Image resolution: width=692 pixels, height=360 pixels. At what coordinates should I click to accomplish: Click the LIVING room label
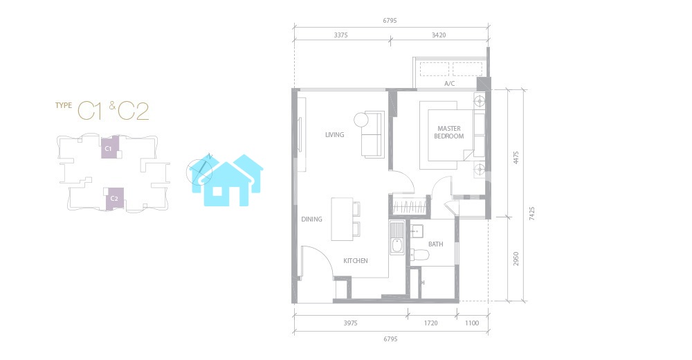click(x=334, y=135)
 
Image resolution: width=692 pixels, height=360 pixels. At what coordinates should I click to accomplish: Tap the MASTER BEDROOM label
click(x=449, y=132)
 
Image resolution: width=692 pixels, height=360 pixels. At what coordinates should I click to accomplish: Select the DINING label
click(x=311, y=219)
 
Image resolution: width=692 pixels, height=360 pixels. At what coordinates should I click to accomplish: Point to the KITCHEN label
click(x=356, y=260)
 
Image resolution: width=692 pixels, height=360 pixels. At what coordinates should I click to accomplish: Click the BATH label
click(x=435, y=244)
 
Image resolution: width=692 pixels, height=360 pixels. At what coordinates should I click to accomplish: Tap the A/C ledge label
click(x=449, y=84)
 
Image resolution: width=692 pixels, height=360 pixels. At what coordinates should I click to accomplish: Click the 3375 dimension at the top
click(x=340, y=35)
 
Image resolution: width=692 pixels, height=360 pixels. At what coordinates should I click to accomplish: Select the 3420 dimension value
click(x=439, y=35)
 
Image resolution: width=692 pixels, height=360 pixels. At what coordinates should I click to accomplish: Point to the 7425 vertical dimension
click(x=531, y=213)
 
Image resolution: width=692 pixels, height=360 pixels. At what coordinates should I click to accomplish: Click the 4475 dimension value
click(x=516, y=158)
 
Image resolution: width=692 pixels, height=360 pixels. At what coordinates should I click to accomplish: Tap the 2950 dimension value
click(x=516, y=259)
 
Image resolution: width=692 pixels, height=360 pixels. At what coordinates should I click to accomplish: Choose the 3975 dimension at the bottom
click(x=350, y=323)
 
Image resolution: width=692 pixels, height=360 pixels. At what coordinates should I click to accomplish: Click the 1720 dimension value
click(x=430, y=323)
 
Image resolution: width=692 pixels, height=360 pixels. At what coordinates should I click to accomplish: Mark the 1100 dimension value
click(x=472, y=323)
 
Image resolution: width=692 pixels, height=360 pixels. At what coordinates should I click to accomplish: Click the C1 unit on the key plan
click(x=110, y=147)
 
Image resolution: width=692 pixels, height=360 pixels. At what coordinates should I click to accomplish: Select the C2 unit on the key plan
click(x=114, y=198)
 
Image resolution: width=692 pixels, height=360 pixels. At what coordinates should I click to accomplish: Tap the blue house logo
click(x=226, y=180)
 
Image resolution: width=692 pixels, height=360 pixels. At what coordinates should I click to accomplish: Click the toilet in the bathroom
click(x=420, y=255)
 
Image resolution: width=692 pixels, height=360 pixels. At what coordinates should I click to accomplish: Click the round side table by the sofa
click(x=361, y=119)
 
